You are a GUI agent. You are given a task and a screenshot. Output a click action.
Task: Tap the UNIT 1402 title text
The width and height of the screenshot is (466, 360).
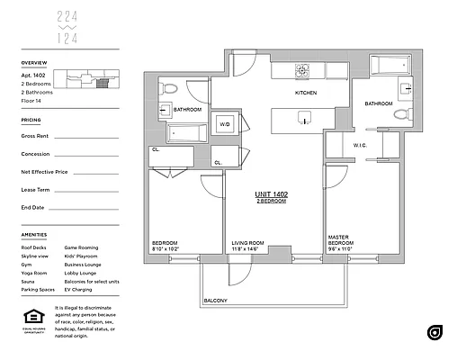click(x=269, y=194)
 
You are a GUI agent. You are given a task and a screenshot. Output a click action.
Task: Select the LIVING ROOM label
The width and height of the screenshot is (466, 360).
click(x=247, y=242)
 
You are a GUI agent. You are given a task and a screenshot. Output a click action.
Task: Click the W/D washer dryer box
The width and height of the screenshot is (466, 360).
click(x=225, y=124)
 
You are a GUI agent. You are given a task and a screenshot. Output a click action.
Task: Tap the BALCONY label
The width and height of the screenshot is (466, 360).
click(x=214, y=300)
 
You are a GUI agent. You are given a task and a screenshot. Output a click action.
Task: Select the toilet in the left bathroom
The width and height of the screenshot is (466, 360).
click(x=170, y=90)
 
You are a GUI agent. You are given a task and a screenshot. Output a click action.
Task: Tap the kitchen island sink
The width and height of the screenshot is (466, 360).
click(x=305, y=118)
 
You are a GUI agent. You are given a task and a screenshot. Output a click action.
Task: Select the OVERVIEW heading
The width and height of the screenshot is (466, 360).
click(x=34, y=64)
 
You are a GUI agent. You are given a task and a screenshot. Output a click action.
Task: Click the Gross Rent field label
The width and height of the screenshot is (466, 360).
click(x=35, y=136)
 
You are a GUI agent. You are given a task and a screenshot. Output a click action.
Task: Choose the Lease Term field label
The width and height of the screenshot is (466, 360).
click(x=36, y=189)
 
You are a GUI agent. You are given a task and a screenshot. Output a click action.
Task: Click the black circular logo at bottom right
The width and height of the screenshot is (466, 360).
click(x=435, y=332)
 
